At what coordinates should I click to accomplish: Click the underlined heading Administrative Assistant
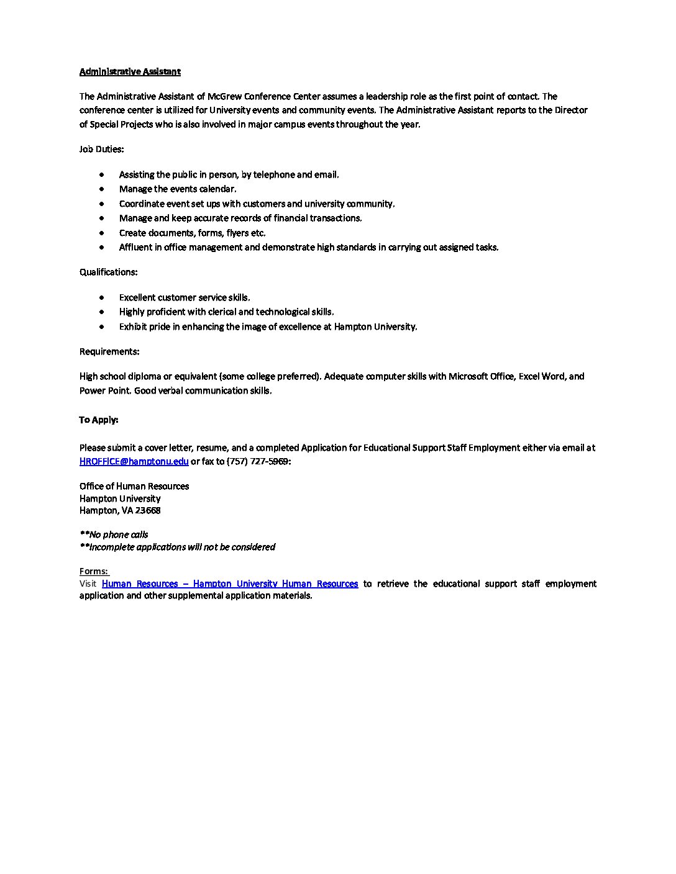tap(130, 71)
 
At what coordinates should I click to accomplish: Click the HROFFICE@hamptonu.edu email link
tap(134, 461)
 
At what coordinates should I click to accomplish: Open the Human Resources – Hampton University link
tap(229, 583)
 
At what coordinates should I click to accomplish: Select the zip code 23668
tap(148, 510)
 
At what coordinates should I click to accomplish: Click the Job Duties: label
tap(101, 149)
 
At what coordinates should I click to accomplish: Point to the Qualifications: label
tap(108, 272)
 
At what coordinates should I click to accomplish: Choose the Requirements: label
tap(109, 351)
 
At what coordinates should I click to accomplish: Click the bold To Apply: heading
tap(98, 420)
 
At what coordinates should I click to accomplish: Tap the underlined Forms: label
tap(93, 571)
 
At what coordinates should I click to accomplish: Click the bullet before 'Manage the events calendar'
tap(102, 189)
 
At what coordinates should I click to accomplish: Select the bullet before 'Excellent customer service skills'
tap(102, 297)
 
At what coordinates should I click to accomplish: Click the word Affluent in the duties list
tap(135, 247)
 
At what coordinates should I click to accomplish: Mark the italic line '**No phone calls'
tap(114, 534)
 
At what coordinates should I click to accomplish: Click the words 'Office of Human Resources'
tap(134, 486)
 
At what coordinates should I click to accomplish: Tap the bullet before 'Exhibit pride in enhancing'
tap(102, 327)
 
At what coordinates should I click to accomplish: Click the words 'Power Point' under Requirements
tap(105, 390)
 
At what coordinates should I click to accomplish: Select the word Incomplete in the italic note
tap(112, 547)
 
